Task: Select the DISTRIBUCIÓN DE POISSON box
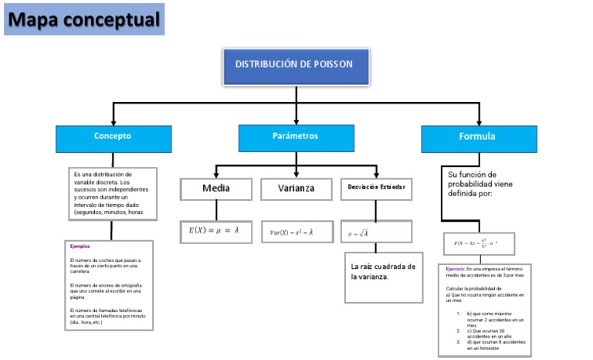(x=296, y=66)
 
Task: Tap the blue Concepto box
(x=113, y=137)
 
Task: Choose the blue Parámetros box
(x=296, y=137)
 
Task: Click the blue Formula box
(x=478, y=138)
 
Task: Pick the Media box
(x=216, y=188)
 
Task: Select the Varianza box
(x=296, y=188)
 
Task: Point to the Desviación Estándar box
(x=376, y=188)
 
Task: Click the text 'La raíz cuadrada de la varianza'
(x=383, y=271)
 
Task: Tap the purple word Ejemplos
(x=80, y=246)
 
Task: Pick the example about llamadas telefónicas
(x=106, y=316)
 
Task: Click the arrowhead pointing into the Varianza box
(x=296, y=175)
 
